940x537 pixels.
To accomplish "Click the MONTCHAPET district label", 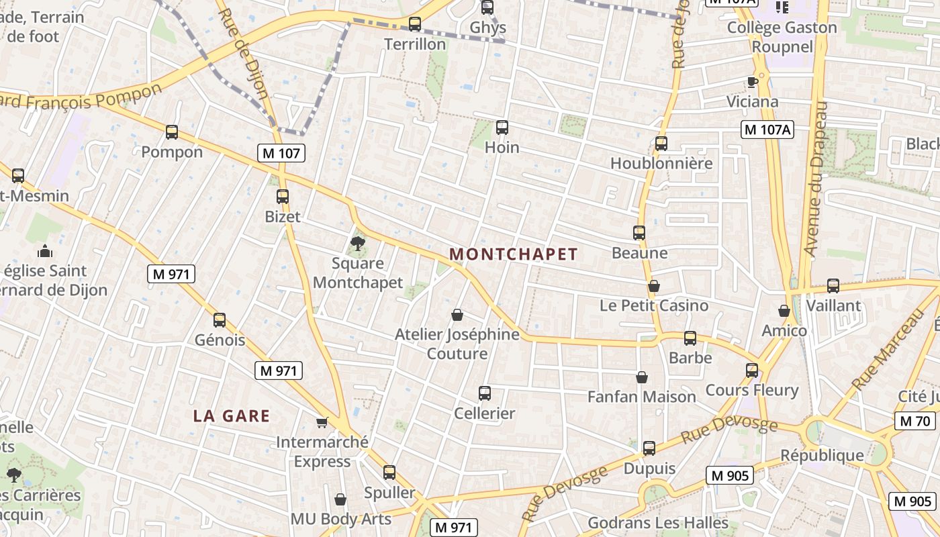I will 513,254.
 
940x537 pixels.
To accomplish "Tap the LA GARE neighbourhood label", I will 232,416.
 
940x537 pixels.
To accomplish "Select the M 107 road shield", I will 281,153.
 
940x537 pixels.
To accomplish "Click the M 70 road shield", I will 914,422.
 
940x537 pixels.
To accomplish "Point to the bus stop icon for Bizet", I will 283,197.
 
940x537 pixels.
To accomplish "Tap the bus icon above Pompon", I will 172,132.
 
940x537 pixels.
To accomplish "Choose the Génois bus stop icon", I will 220,320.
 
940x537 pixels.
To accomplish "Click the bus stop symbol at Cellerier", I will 485,393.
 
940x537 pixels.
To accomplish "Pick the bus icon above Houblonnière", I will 661,143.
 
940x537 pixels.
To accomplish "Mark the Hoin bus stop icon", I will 502,128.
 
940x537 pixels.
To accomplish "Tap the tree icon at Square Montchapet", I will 358,243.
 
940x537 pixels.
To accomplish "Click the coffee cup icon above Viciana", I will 753,82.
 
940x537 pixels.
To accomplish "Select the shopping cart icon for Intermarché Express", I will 322,422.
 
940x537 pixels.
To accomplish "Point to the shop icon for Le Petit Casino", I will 654,286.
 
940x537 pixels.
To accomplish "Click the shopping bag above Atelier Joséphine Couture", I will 457,314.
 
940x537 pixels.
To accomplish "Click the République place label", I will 822,456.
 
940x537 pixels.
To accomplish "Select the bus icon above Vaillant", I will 833,285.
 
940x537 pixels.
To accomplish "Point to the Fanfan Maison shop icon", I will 642,377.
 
